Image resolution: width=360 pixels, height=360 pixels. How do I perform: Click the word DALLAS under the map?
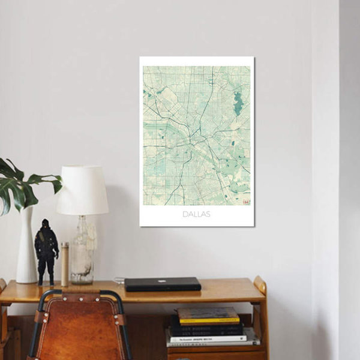[197, 214]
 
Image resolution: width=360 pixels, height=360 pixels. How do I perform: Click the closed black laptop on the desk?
[163, 284]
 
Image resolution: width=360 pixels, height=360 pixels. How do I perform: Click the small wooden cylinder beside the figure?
[65, 263]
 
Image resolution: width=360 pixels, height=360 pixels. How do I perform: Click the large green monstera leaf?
[21, 186]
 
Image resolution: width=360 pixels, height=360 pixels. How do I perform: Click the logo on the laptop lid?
[162, 280]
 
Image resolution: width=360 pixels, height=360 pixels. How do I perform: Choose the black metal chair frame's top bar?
[78, 292]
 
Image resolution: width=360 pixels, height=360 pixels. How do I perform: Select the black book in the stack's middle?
[207, 328]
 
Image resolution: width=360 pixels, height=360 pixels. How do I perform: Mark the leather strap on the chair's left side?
[39, 316]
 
